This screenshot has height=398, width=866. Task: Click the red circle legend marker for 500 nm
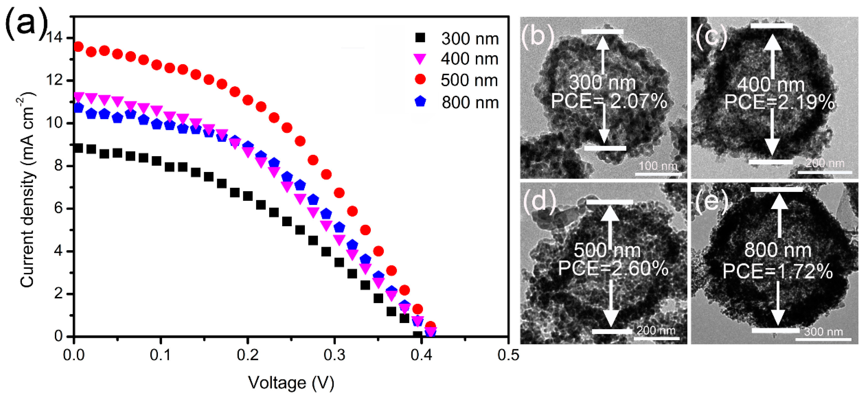point(420,80)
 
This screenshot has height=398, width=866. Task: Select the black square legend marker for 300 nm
point(420,38)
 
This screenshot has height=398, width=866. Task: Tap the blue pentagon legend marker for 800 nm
point(420,101)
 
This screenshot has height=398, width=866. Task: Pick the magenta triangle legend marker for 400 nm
point(420,59)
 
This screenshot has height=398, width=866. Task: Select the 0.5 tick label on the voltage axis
point(508,355)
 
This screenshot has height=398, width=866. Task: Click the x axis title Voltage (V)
point(291,383)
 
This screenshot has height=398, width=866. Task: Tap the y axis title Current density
point(27,190)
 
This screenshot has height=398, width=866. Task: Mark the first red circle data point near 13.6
point(78,47)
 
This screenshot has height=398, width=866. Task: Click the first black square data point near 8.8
point(78,148)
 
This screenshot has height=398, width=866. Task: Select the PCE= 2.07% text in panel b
point(609,101)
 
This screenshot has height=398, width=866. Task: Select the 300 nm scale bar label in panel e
point(823,332)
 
